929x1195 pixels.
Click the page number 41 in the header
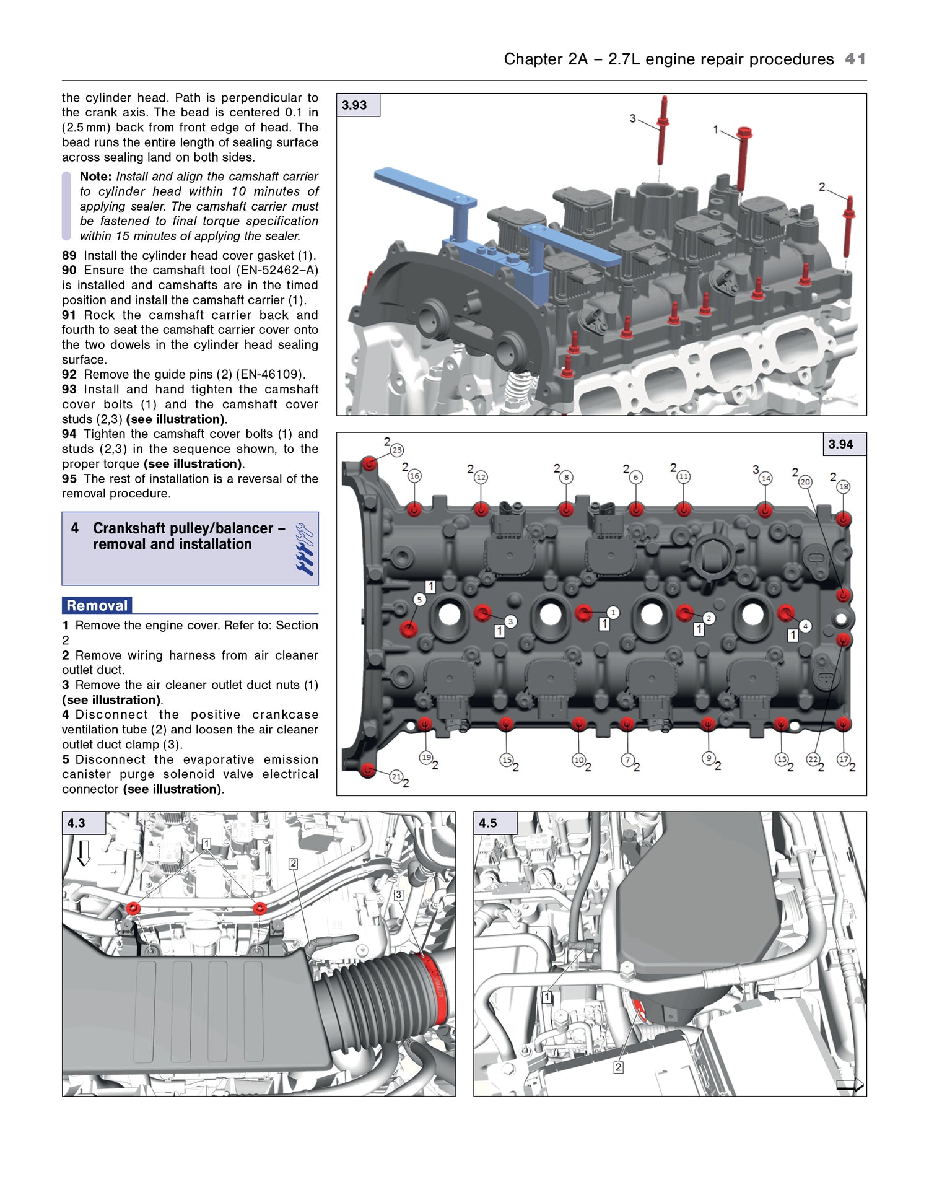[855, 59]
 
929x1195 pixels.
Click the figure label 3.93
[354, 105]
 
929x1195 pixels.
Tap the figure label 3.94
[840, 444]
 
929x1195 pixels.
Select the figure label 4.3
[76, 823]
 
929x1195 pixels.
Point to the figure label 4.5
[488, 823]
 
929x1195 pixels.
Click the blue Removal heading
[97, 605]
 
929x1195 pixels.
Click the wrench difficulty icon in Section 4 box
[305, 549]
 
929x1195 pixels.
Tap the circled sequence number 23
[397, 450]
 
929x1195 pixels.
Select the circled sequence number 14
[766, 478]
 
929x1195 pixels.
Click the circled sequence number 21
[396, 776]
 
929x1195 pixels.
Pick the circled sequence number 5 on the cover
[419, 599]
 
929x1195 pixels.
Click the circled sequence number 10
[578, 759]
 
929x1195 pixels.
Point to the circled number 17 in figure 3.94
[844, 759]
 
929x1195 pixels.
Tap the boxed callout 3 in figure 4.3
[399, 895]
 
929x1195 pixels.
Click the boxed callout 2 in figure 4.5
[618, 1067]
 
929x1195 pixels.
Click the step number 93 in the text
[69, 389]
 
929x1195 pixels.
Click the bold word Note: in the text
[95, 177]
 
